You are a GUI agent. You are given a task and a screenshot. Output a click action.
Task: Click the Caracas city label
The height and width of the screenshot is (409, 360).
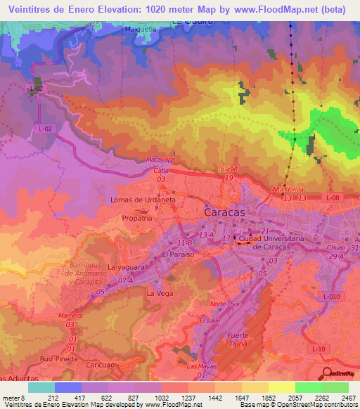(224, 212)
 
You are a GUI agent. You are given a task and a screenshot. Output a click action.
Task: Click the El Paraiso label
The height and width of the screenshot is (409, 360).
(177, 254)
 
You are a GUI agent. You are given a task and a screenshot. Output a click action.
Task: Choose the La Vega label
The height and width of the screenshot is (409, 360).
(159, 292)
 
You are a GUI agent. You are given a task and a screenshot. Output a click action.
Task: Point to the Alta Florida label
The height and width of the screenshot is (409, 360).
(287, 190)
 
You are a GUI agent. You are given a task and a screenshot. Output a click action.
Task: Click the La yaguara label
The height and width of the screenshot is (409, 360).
(127, 268)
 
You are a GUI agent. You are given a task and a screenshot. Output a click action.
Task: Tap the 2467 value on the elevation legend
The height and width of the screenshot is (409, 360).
(349, 397)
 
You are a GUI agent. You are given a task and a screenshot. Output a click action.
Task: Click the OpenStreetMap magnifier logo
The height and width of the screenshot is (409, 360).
(326, 373)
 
